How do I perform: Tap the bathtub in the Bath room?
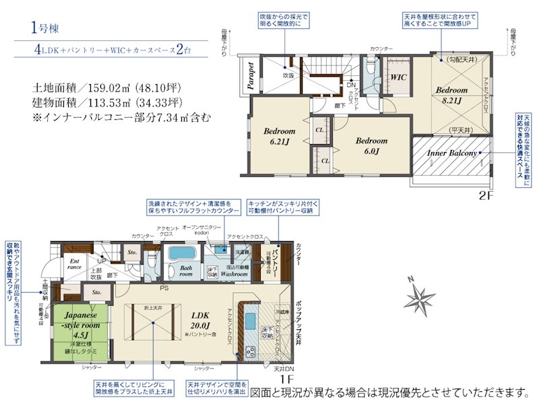click(x=180, y=254)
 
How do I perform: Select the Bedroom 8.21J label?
click(x=450, y=94)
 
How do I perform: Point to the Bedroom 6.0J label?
click(x=371, y=145)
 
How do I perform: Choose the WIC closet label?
click(x=399, y=77)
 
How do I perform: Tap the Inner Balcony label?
click(x=452, y=154)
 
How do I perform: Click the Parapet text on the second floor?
click(x=250, y=76)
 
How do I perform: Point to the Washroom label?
click(x=235, y=275)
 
